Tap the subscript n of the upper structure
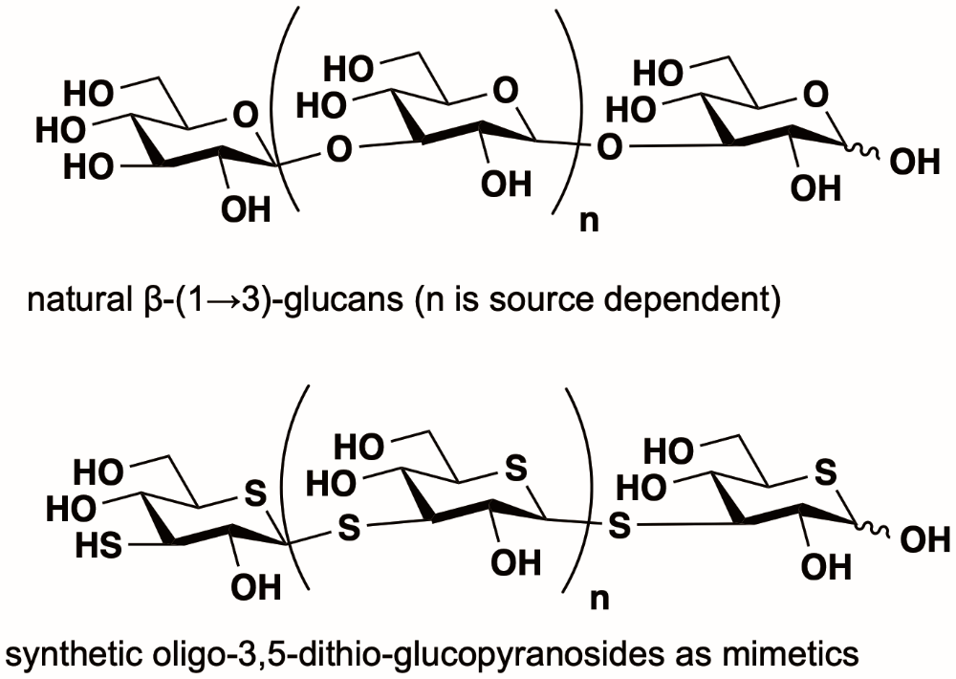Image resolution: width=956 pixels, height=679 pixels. (x=589, y=222)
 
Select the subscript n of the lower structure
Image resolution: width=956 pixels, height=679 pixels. (x=599, y=599)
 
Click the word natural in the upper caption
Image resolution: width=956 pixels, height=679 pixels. (x=76, y=299)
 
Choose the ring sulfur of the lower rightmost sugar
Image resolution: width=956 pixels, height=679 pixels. (x=826, y=472)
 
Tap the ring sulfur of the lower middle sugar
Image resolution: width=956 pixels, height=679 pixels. (x=516, y=469)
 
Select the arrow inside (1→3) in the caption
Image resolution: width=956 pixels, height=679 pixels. (x=223, y=300)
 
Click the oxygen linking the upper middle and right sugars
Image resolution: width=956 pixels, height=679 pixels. (x=609, y=147)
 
